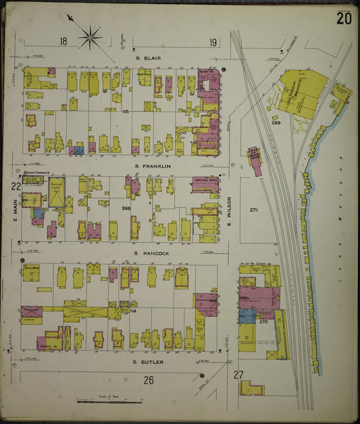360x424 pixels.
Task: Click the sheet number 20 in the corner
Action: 343,18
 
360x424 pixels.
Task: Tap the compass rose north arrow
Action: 89,35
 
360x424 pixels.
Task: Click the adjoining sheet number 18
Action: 63,41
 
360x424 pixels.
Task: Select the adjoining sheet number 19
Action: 213,43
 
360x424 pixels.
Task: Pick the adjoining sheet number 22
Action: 15,186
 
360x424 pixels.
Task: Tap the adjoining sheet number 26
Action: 148,380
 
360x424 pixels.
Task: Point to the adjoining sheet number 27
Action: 238,375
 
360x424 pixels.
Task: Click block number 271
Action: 254,210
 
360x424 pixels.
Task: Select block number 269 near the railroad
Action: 276,122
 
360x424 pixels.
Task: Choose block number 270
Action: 264,322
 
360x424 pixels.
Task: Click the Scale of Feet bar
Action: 109,401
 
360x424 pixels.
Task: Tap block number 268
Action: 126,209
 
